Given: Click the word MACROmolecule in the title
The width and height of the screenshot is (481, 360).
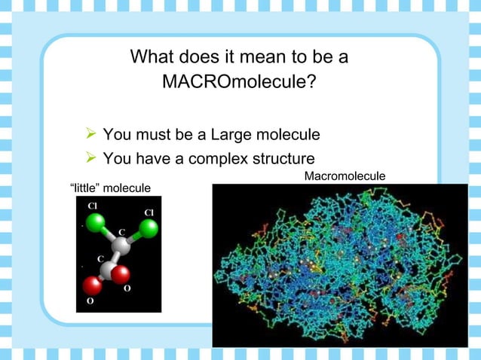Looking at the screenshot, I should (239, 81).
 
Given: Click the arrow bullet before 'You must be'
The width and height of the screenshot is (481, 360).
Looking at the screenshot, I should (90, 136).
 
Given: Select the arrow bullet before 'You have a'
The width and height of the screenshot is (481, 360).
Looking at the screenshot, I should (90, 159).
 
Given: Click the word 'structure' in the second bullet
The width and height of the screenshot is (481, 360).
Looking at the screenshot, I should (283, 159).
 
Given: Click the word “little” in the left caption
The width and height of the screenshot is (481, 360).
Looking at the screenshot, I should (84, 188).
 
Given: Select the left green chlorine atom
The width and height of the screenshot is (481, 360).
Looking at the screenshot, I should (95, 223).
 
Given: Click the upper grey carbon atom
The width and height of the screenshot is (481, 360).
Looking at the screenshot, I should (121, 246).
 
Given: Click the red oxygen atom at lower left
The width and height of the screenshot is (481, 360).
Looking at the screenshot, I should (92, 285).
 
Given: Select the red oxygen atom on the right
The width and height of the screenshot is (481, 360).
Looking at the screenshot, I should (121, 276).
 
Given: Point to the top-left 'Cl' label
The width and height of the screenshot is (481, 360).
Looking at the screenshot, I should (93, 205).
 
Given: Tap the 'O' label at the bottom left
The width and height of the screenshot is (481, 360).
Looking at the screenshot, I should (90, 301).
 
